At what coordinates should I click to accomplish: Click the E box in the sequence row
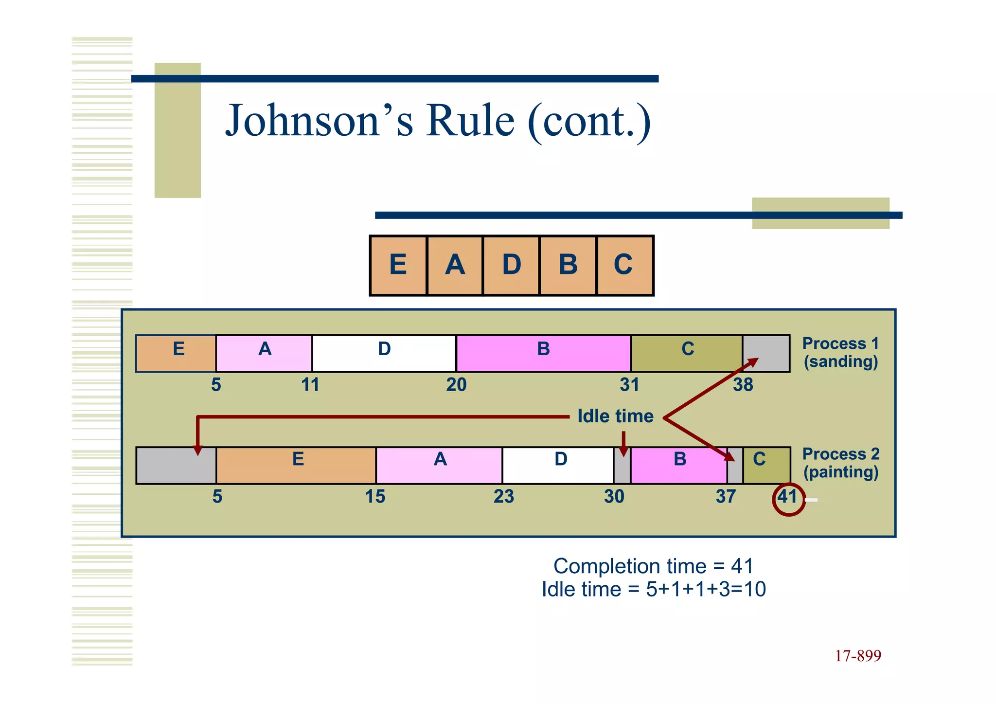(x=398, y=265)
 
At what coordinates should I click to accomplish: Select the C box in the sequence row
(x=624, y=265)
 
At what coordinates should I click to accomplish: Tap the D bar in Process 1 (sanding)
(x=384, y=353)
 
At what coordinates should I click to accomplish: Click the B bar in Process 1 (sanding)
(x=543, y=353)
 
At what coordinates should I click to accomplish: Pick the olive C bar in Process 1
(x=686, y=353)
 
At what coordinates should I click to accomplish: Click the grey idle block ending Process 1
(x=766, y=353)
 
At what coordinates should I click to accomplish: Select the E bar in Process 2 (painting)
(x=297, y=465)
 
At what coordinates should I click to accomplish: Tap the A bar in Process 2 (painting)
(x=439, y=465)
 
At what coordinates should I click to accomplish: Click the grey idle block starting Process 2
(x=176, y=465)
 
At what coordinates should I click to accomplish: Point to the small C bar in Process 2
(x=766, y=465)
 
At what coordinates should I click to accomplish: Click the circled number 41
(x=788, y=498)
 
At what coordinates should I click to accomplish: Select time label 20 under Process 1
(x=456, y=385)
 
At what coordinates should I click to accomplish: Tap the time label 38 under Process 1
(x=743, y=385)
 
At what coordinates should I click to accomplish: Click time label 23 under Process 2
(x=503, y=497)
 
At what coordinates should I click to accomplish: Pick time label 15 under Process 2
(x=375, y=497)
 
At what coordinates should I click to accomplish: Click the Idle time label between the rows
(x=615, y=416)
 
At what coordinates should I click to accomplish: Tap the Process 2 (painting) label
(x=840, y=463)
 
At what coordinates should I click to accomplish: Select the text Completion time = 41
(x=653, y=566)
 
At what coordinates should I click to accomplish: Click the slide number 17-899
(x=857, y=656)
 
